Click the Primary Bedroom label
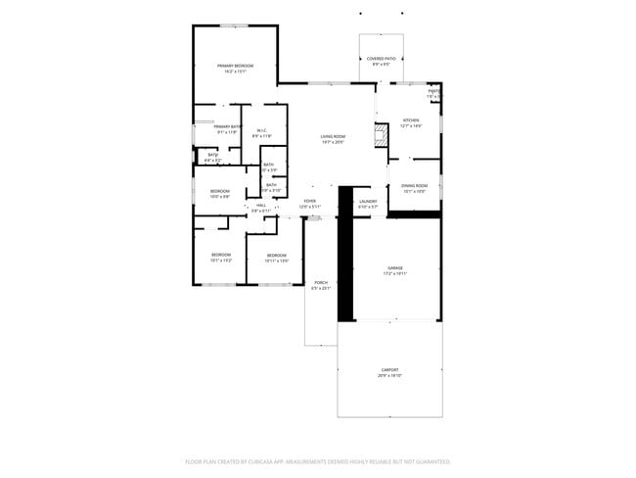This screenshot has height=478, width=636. pyautogui.click(x=235, y=66)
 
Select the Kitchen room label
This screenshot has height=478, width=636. pyautogui.click(x=410, y=120)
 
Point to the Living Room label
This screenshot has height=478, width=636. pyautogui.click(x=334, y=137)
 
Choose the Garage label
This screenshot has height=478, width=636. pyautogui.click(x=395, y=267)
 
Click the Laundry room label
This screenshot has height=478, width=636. pyautogui.click(x=368, y=202)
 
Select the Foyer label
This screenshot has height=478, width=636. pyautogui.click(x=309, y=202)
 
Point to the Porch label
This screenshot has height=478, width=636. pyautogui.click(x=321, y=283)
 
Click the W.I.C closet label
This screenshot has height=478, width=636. pyautogui.click(x=262, y=131)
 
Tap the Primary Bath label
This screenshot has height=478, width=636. pyautogui.click(x=228, y=126)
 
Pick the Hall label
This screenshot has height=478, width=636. pyautogui.click(x=261, y=206)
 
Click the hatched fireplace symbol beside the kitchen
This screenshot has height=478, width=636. pyautogui.click(x=380, y=136)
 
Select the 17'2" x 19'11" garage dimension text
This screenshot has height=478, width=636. pyautogui.click(x=395, y=273)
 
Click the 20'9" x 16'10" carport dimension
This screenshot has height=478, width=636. pyautogui.click(x=389, y=376)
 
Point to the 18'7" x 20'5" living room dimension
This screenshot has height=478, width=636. pyautogui.click(x=334, y=143)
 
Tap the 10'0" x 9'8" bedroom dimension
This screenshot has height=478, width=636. pyautogui.click(x=219, y=197)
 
